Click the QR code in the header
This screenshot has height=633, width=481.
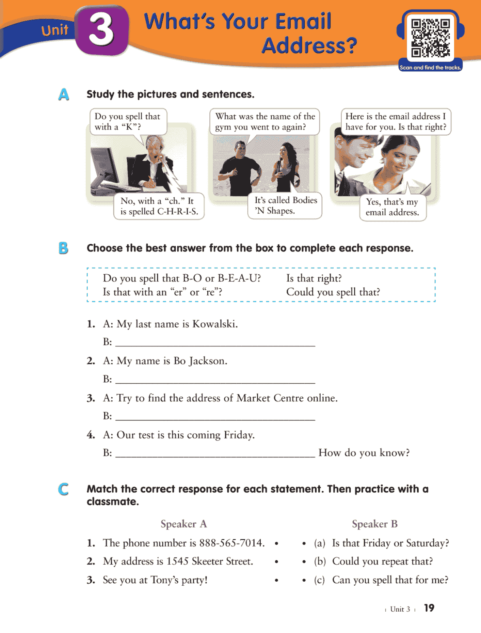click(430, 38)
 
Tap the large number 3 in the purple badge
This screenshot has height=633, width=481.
click(101, 30)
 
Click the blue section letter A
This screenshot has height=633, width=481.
click(64, 95)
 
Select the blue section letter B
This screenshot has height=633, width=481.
click(63, 248)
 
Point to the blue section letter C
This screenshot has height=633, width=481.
click(63, 489)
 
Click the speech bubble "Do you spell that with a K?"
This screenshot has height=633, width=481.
click(128, 122)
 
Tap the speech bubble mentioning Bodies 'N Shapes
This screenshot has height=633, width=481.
click(286, 206)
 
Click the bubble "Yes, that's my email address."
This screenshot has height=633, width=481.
click(392, 207)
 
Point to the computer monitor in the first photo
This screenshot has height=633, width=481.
click(106, 166)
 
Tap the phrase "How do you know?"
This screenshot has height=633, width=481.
click(364, 453)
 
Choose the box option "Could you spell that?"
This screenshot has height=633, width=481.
click(333, 292)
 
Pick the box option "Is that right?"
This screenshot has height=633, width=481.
click(314, 278)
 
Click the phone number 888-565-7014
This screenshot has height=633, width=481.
click(231, 543)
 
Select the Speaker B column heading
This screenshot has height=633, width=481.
click(374, 524)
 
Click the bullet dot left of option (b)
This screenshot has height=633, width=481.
click(304, 562)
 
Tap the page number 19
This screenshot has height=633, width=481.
click(429, 608)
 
